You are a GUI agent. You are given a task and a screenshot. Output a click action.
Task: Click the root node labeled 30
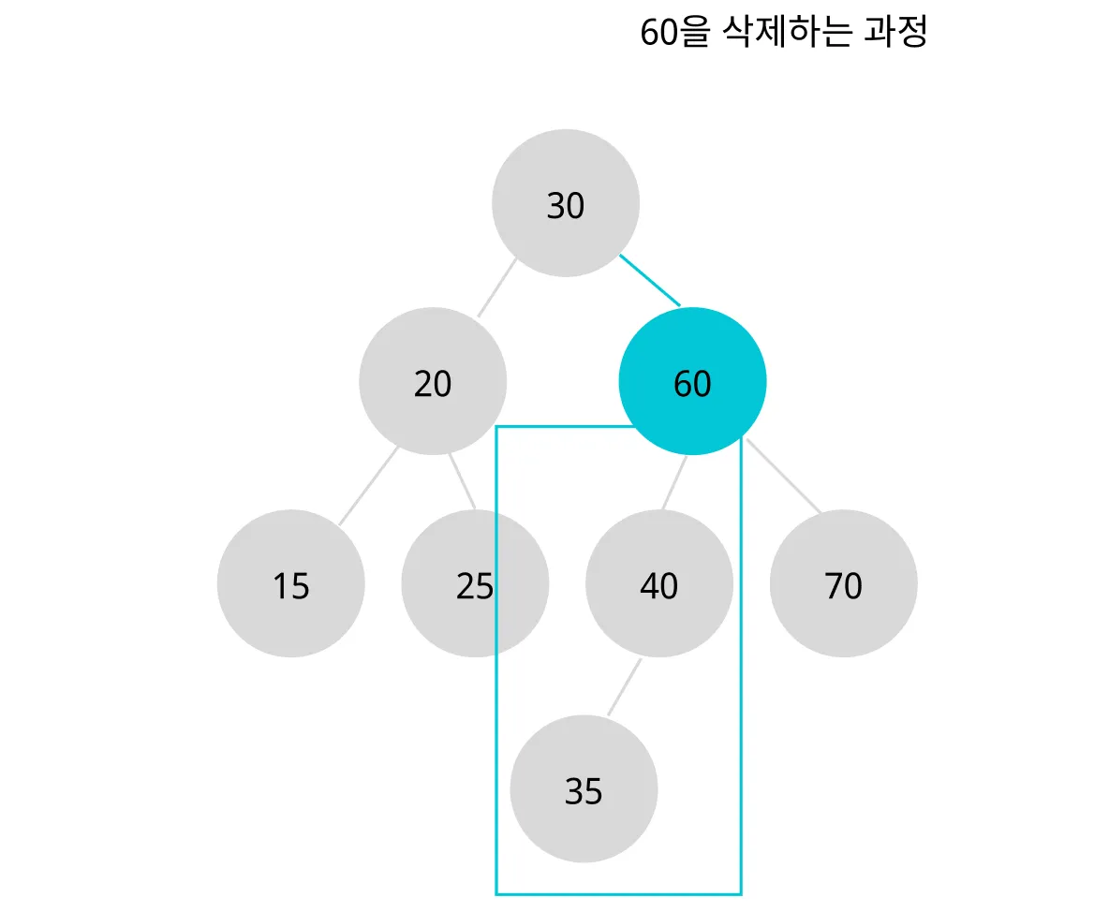[x=566, y=203]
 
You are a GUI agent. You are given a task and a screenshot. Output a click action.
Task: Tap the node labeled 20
[x=433, y=382]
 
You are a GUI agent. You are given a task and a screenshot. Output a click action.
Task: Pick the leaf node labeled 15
[x=290, y=584]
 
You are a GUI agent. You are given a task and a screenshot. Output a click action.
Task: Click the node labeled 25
[x=475, y=584]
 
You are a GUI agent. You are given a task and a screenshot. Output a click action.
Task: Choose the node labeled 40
[x=659, y=584]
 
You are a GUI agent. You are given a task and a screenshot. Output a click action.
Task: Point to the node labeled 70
[x=844, y=584]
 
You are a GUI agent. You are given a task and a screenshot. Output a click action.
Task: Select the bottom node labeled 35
[x=584, y=789]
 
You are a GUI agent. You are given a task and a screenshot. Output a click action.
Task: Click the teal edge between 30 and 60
[x=650, y=280]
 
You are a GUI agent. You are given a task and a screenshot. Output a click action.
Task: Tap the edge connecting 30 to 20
[x=497, y=287]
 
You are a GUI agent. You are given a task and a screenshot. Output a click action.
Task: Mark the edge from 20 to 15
[x=368, y=485]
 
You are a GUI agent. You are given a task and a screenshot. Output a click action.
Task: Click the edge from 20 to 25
[x=463, y=481]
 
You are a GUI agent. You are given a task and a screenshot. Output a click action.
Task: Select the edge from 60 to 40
[x=674, y=483]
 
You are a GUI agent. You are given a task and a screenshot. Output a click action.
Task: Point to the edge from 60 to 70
[x=783, y=476]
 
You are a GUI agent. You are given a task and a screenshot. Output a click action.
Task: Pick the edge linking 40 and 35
[x=625, y=687]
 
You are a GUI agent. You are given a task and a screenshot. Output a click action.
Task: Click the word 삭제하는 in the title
[x=788, y=33]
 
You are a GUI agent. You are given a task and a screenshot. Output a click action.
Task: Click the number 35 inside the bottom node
[x=584, y=792]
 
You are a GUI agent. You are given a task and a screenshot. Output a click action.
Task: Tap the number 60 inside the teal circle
[x=693, y=385]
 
